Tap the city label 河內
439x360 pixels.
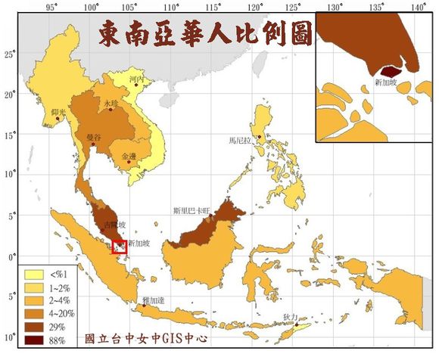tap(136, 78)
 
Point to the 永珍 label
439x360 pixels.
tap(111, 102)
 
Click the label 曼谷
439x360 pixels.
tap(95, 137)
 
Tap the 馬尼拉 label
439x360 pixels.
tap(238, 140)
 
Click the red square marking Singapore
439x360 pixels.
tap(119, 246)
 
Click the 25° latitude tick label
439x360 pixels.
tap(8, 54)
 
